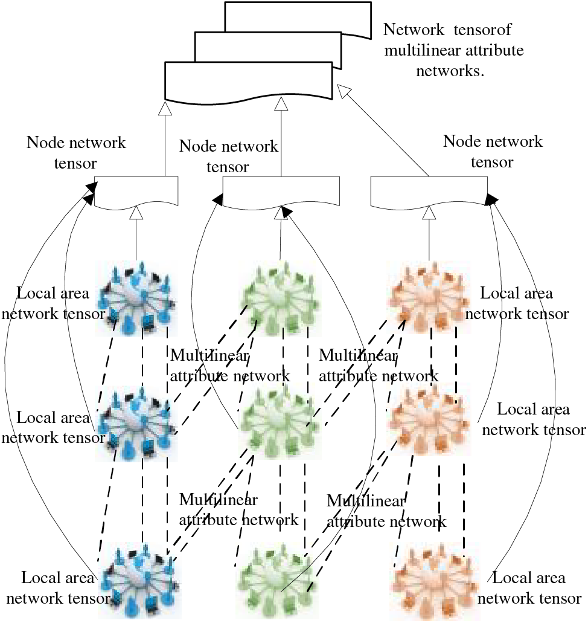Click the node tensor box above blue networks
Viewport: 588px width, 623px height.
(136, 192)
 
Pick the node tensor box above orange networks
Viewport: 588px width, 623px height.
(429, 192)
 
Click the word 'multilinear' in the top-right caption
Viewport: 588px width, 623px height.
(418, 50)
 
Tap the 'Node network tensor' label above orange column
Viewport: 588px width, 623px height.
(493, 152)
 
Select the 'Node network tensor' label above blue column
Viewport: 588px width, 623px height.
(76, 152)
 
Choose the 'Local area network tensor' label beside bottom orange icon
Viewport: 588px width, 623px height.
(529, 587)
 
